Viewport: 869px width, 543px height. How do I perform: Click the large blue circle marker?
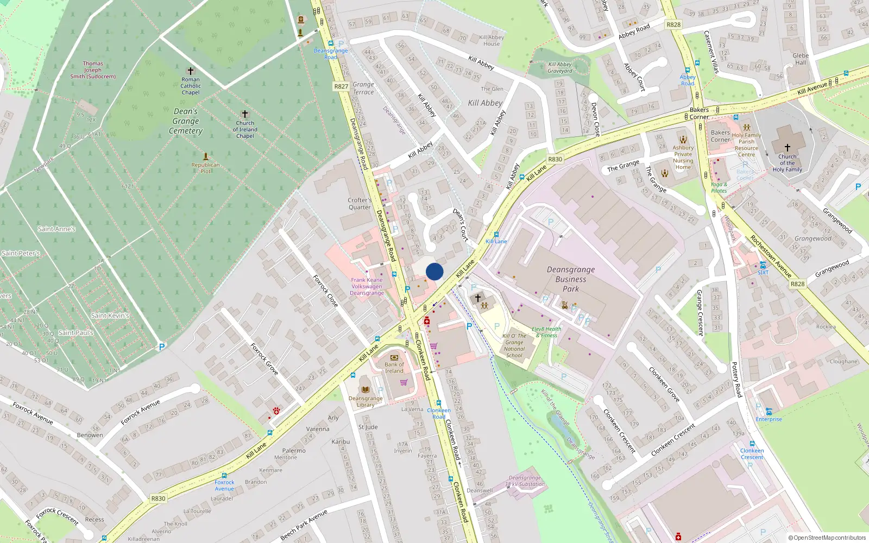(434, 271)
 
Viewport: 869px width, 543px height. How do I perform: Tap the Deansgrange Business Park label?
(571, 279)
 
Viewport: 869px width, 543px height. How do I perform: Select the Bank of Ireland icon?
(394, 357)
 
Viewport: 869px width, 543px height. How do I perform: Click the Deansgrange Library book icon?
(366, 389)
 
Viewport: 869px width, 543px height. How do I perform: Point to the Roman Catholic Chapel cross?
(191, 71)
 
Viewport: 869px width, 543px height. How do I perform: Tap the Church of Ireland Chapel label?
(245, 129)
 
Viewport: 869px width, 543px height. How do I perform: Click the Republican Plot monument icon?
(206, 156)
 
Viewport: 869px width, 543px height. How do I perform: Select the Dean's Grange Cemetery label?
(186, 121)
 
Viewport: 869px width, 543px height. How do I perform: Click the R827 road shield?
(341, 86)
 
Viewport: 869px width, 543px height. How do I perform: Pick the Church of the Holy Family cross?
(787, 147)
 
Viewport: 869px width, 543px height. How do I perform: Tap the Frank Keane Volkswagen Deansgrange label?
(367, 287)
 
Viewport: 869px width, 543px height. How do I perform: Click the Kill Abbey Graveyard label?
(560, 67)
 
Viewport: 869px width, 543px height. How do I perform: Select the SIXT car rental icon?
(763, 265)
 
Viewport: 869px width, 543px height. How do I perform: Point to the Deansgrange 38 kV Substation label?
(525, 481)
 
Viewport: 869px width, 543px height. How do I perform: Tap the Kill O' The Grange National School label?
(514, 345)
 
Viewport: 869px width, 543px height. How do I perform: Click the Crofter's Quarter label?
(360, 204)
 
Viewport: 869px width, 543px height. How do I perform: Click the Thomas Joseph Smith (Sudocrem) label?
(93, 70)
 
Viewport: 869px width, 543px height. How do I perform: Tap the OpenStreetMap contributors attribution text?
(827, 538)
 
